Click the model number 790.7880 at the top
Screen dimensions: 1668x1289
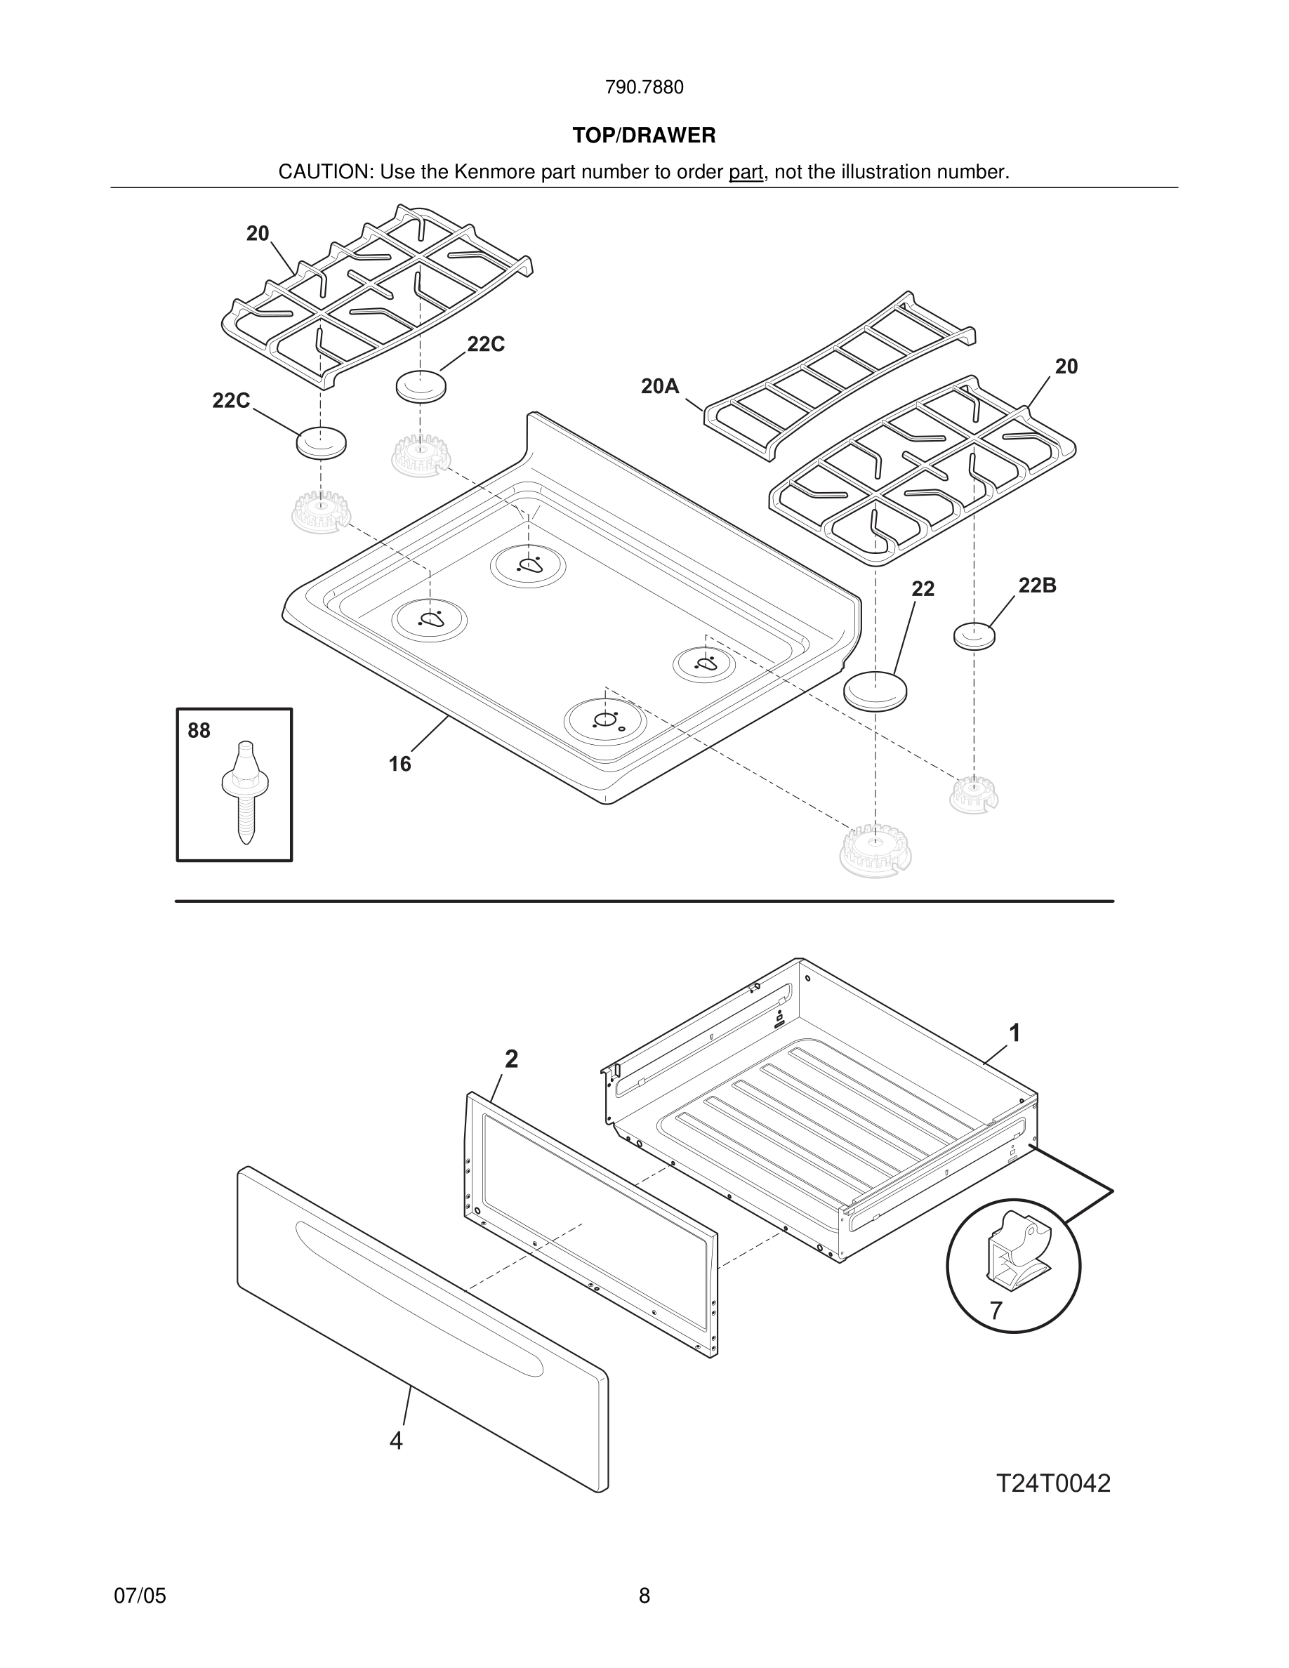[x=644, y=87]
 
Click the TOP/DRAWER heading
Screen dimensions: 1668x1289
[x=644, y=135]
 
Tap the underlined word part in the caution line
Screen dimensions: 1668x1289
[x=746, y=173]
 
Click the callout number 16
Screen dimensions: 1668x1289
[x=399, y=764]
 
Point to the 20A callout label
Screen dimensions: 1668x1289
[x=660, y=386]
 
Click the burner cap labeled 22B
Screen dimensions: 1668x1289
[x=974, y=635]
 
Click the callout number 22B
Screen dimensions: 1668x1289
[x=1037, y=585]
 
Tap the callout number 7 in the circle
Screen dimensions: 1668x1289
[x=996, y=1311]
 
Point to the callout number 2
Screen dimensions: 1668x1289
[x=512, y=1059]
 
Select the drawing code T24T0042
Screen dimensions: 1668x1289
[x=1053, y=1483]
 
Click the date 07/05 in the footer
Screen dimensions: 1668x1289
[x=140, y=1596]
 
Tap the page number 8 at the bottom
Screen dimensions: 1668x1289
[x=644, y=1596]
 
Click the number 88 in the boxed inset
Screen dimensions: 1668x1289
[x=199, y=731]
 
